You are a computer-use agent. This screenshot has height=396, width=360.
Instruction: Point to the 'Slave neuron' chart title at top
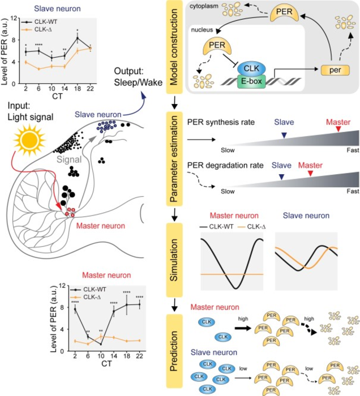point(48,10)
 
